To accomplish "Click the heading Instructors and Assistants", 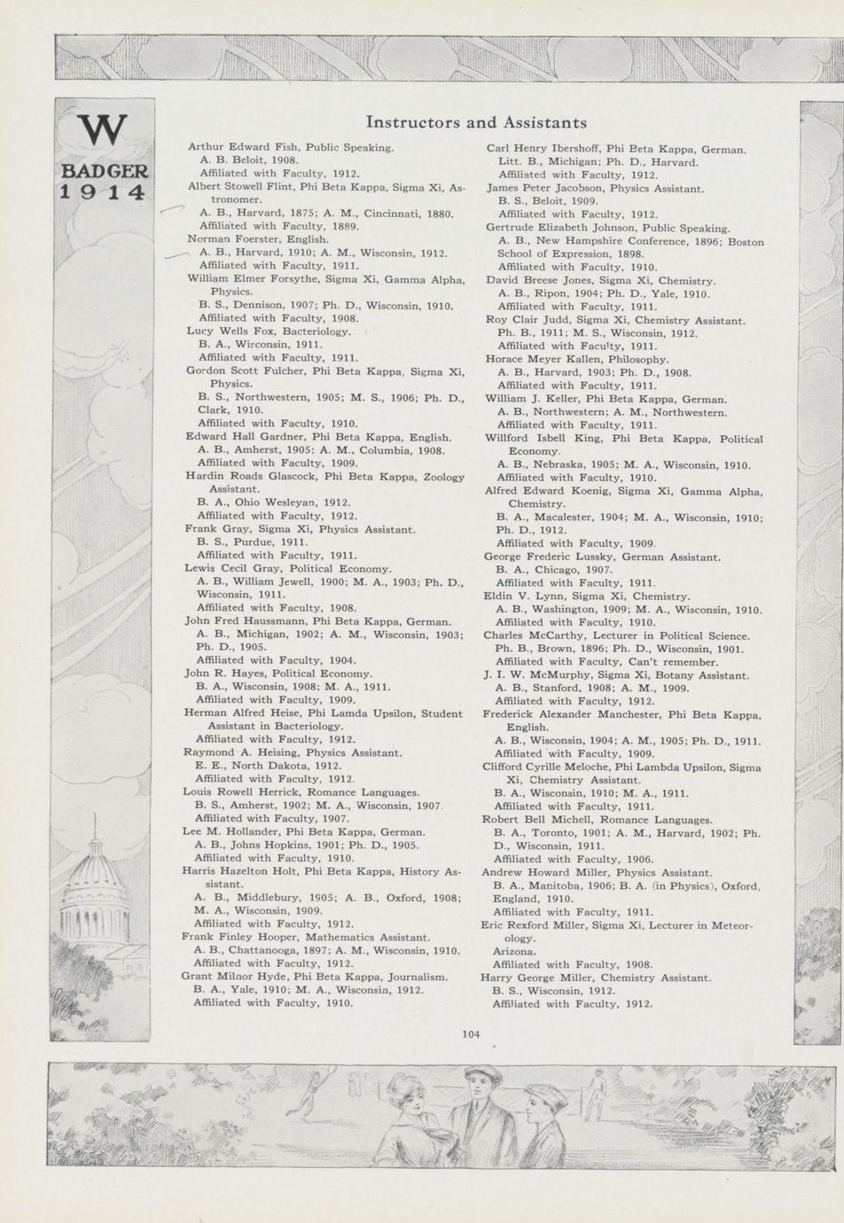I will point(476,122).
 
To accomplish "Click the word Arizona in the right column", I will point(514,952).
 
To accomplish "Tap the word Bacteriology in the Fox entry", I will point(316,331).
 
